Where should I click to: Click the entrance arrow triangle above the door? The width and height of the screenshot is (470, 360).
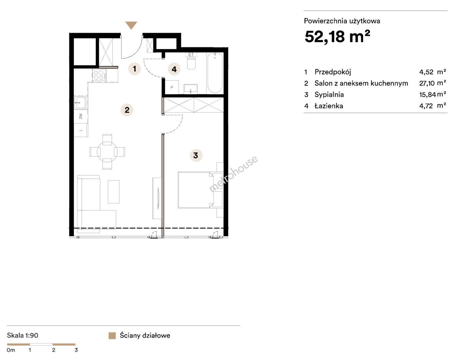[131, 25]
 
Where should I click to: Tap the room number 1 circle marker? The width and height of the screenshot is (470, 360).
[135, 69]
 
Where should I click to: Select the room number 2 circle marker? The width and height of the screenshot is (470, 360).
[127, 110]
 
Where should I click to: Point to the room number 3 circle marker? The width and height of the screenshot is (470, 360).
[196, 155]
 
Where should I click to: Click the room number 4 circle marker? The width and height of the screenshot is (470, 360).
[174, 69]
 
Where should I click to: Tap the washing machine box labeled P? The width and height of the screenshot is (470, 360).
[172, 87]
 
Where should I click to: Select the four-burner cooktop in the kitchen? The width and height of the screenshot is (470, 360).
[99, 75]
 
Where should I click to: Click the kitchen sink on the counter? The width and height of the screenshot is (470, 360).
[80, 102]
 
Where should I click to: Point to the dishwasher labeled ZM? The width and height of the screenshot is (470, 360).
[81, 116]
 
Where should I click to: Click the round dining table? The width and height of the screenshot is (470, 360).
[107, 152]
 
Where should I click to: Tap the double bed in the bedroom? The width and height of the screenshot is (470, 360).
[196, 190]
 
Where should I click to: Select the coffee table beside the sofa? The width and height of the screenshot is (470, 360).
[114, 192]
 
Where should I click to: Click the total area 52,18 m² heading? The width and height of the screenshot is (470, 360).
[337, 36]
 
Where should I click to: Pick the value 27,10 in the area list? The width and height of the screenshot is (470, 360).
[427, 83]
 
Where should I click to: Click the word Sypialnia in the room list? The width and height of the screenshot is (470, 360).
[329, 95]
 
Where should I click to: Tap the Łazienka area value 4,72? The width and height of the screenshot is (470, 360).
[426, 106]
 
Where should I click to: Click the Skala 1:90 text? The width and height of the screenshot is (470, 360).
[22, 335]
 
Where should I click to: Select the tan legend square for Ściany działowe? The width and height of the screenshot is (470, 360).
[112, 336]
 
